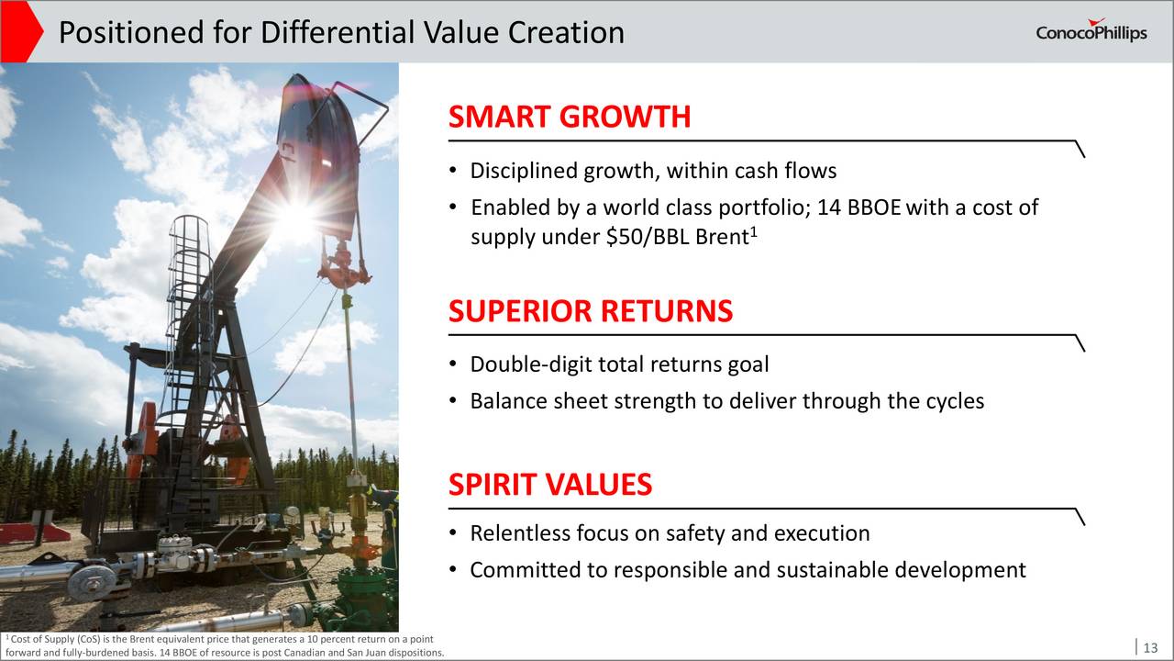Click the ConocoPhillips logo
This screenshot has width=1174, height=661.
coord(1091,30)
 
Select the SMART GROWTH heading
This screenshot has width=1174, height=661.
coord(570,117)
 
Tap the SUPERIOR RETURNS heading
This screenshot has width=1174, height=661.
coord(591,310)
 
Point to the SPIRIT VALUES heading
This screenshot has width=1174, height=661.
coord(550,484)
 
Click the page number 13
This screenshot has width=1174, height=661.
coord(1150,647)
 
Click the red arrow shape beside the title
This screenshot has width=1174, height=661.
coord(21,31)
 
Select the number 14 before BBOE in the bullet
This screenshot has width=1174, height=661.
coord(829,207)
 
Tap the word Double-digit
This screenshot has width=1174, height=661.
coord(531,365)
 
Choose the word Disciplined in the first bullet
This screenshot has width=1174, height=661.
coord(524,172)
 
